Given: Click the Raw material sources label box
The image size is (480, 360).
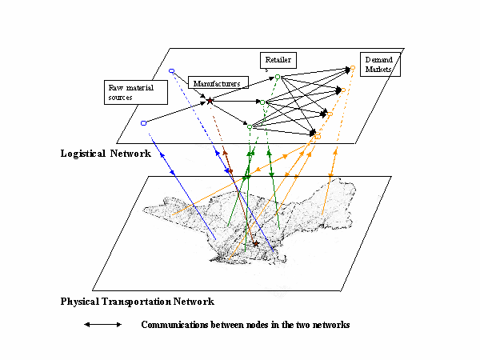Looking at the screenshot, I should [x=135, y=91].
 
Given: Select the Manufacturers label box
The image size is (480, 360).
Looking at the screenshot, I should [x=218, y=82].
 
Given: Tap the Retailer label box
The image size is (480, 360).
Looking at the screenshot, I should [x=278, y=60].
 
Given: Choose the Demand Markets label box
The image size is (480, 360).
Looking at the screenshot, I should [x=381, y=65].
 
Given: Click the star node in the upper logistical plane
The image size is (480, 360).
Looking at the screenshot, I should [x=210, y=101].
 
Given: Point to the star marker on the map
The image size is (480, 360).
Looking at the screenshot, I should [x=256, y=243].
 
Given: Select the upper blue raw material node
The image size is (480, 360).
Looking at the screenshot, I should [x=171, y=71].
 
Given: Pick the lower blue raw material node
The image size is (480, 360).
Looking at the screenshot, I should [x=143, y=123].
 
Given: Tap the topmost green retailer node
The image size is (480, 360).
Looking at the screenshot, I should [x=278, y=77].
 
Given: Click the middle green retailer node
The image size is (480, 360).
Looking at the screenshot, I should [x=262, y=102].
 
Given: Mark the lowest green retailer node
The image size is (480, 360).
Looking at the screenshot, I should [x=250, y=126].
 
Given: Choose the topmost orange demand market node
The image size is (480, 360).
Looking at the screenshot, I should [x=353, y=67].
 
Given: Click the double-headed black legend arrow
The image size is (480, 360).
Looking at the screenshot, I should [x=103, y=325].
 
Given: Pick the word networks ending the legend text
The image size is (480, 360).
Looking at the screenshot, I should [x=330, y=325].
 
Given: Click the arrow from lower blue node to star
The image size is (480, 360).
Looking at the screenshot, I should [x=176, y=112].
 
